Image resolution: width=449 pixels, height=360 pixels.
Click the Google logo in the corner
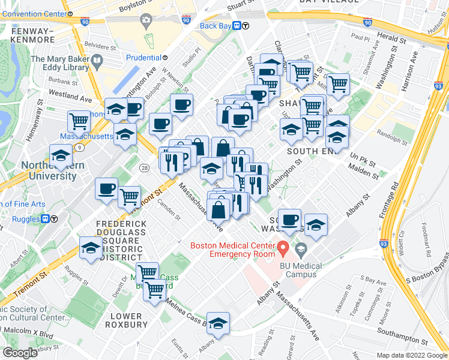[20, 353]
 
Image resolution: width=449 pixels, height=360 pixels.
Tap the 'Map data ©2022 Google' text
[411, 355]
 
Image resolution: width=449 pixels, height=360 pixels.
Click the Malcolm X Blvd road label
[25, 331]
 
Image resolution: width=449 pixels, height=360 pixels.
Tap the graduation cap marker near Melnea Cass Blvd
[218, 322]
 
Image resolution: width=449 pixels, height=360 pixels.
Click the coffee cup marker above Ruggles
[106, 189]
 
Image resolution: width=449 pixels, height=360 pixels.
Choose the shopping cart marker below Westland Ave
[79, 122]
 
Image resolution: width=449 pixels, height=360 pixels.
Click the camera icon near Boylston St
[145, 22]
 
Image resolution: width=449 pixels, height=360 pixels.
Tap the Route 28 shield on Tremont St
[144, 169]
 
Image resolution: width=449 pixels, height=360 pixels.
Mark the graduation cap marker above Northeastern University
[61, 155]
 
